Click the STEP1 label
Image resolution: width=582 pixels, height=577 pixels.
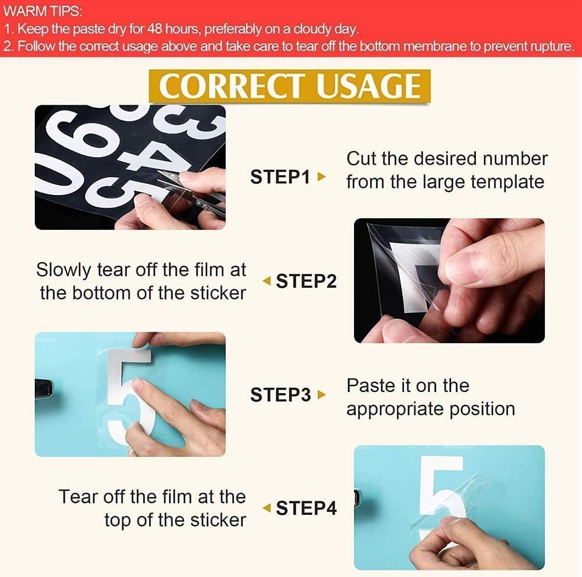tap(280, 177)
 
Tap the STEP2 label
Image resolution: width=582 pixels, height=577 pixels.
tap(306, 281)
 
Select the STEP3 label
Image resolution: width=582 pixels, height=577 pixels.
tap(281, 394)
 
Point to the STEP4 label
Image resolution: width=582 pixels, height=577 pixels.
tap(306, 508)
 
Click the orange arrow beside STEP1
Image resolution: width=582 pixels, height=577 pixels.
tap(322, 177)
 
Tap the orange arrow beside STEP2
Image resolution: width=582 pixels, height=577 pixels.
tap(267, 281)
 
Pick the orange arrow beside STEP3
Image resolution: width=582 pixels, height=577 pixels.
tap(322, 394)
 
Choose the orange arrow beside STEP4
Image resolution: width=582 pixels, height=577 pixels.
tap(267, 508)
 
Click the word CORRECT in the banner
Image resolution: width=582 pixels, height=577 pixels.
tap(231, 86)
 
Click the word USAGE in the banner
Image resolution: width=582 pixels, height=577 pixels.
tap(368, 86)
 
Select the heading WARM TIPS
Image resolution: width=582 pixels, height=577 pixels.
tap(42, 12)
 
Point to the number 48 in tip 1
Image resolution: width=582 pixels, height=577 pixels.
tap(155, 29)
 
